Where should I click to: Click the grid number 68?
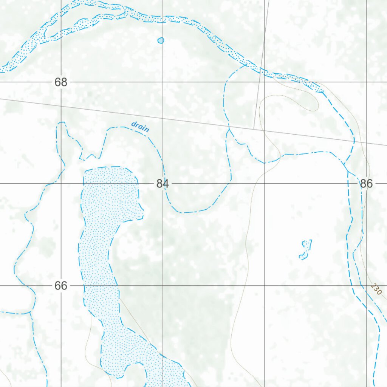[x=60, y=82]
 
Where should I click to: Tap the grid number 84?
[x=163, y=184]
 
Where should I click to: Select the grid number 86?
[x=366, y=184]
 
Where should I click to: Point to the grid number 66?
[x=60, y=286]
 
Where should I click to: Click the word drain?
[x=140, y=127]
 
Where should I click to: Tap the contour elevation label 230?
[x=376, y=289]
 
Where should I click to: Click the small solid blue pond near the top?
[x=161, y=40]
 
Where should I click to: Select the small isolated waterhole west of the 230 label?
[x=305, y=250]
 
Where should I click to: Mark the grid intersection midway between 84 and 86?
[x=265, y=184]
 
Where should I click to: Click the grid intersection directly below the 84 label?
[x=163, y=286]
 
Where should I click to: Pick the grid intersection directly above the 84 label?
[x=163, y=82]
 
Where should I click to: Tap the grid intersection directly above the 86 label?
[x=367, y=82]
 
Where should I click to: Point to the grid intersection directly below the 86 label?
[x=367, y=286]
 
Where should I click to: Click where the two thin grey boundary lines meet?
[x=254, y=128]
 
